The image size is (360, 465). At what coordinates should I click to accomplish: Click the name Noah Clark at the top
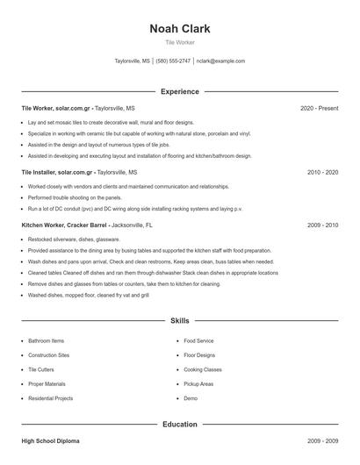coord(180,28)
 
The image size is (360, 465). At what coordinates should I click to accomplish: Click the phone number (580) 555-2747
coord(174,61)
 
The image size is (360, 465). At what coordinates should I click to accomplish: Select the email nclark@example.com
coord(220,61)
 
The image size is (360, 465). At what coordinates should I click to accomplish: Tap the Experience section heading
coord(180,91)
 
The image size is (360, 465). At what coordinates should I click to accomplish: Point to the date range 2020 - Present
coord(319,108)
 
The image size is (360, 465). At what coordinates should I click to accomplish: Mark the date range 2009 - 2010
coord(322,225)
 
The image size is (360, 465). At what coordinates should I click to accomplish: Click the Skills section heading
coord(180,321)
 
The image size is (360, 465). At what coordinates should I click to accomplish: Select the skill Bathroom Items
coord(46,340)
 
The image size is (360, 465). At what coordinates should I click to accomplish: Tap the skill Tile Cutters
coord(42,369)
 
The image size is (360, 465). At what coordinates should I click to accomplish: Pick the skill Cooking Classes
coord(203,369)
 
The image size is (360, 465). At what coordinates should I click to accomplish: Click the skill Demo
coord(191,398)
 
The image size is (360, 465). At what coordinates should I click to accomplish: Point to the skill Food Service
coord(198,340)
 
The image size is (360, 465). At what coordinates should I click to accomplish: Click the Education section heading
coord(180,425)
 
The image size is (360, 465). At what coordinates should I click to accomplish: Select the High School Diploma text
coord(50,441)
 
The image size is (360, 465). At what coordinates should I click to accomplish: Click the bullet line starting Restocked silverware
coord(74,239)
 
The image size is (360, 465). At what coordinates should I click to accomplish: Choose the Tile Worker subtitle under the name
coord(180,42)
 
